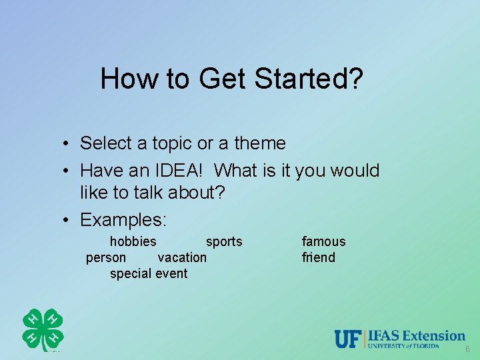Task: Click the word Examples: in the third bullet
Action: point(123,219)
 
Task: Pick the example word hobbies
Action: point(133,241)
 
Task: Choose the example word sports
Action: point(224,241)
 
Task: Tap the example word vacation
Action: point(182,257)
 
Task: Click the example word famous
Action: point(324,241)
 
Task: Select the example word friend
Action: point(319,257)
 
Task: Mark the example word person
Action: point(106,257)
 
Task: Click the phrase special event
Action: point(149,273)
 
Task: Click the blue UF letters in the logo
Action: point(347,339)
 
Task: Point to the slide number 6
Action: point(467,350)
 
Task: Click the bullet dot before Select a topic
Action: point(69,144)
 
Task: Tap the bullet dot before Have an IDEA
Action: point(69,171)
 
